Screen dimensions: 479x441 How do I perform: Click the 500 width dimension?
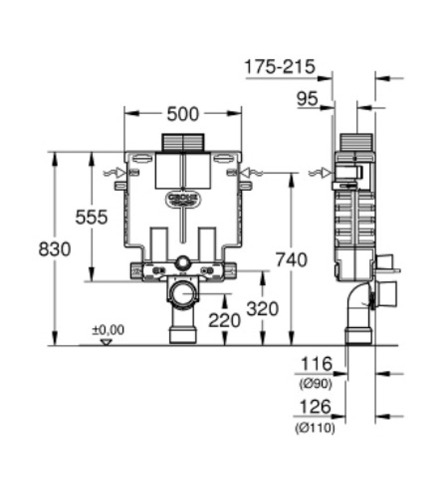pyautogui.click(x=183, y=113)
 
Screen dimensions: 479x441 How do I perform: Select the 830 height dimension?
pyautogui.click(x=54, y=249)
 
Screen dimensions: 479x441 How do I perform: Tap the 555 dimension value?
pyautogui.click(x=92, y=217)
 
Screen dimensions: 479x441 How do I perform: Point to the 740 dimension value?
pyautogui.click(x=291, y=259)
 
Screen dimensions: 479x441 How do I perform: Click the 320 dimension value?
pyautogui.click(x=263, y=309)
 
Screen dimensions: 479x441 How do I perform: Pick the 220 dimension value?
pyautogui.click(x=225, y=319)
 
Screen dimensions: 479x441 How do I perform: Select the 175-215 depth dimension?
pyautogui.click(x=280, y=66)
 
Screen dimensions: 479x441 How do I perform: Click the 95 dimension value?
pyautogui.click(x=308, y=99)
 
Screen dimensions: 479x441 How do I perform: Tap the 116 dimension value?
pyautogui.click(x=315, y=364)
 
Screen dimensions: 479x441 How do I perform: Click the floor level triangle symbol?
pyautogui.click(x=105, y=341)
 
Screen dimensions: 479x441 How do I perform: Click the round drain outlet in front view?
pyautogui.click(x=183, y=296)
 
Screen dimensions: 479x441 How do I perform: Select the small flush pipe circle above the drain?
pyautogui.click(x=183, y=263)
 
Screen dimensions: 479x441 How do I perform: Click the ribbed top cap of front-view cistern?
pyautogui.click(x=183, y=142)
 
